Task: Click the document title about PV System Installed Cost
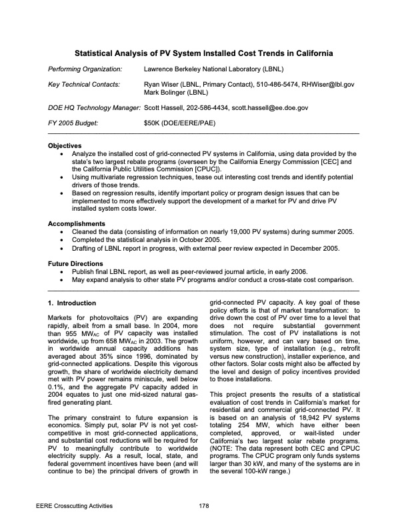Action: (204, 53)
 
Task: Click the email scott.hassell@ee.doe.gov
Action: (269, 107)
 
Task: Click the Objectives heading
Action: (65, 145)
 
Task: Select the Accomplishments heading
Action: (77, 223)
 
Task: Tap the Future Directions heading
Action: (75, 264)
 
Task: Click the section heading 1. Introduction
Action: (73, 303)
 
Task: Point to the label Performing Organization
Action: (85, 69)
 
